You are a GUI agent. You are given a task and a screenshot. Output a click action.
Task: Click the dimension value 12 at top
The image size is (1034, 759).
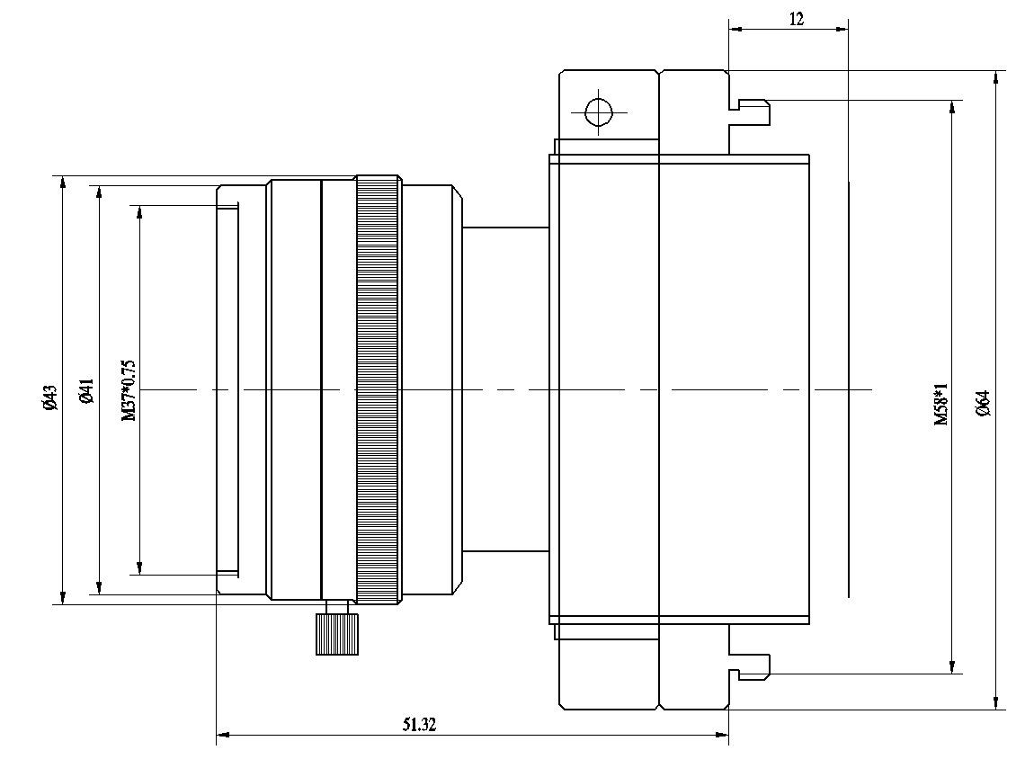tap(796, 18)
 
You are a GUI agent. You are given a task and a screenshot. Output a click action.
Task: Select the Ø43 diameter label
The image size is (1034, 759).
tap(50, 397)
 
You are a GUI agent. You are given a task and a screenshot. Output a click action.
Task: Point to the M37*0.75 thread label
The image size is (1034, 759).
tap(129, 390)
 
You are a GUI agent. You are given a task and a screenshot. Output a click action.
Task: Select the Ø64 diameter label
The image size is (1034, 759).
tap(983, 402)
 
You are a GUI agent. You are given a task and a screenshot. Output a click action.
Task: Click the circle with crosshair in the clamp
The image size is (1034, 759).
tap(598, 113)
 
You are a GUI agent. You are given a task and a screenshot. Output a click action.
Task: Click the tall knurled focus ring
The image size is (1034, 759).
tap(379, 390)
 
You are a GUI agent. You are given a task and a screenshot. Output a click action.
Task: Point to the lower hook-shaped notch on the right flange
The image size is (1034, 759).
tap(752, 666)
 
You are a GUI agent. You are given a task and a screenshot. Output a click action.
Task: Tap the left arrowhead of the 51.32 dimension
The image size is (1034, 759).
tap(224, 736)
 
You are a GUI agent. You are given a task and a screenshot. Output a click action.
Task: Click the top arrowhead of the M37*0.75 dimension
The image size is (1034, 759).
tap(139, 212)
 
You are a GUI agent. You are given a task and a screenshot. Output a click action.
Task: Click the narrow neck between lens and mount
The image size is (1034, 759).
tap(505, 389)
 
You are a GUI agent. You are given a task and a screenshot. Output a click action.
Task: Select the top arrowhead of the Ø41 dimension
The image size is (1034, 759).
tap(97, 192)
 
